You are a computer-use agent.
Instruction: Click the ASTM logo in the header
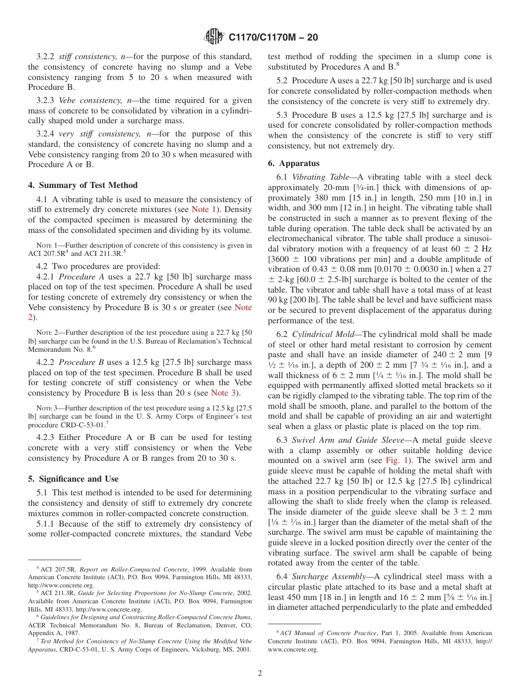point(213,37)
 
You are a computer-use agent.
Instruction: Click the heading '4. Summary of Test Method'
point(83,185)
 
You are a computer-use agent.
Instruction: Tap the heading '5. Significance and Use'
point(73,479)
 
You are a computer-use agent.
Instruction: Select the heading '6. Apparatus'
point(293,163)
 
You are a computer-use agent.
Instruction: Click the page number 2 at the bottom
point(260,673)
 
